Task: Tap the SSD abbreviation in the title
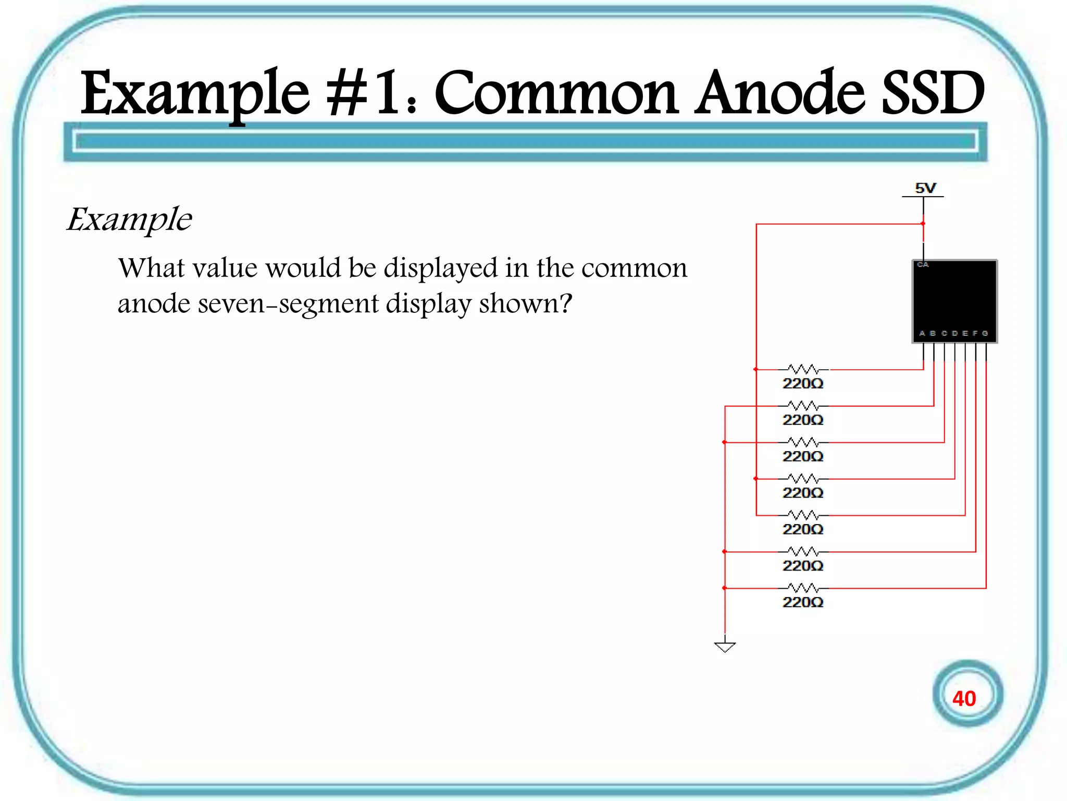pyautogui.click(x=932, y=94)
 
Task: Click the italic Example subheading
pyautogui.click(x=129, y=220)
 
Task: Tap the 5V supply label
pyautogui.click(x=925, y=188)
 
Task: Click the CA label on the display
pyautogui.click(x=923, y=265)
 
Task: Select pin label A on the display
pyautogui.click(x=922, y=333)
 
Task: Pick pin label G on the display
pyautogui.click(x=985, y=333)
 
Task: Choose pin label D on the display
pyautogui.click(x=954, y=333)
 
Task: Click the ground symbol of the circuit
pyautogui.click(x=725, y=646)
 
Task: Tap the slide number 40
pyautogui.click(x=964, y=698)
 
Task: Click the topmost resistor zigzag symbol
pyautogui.click(x=803, y=369)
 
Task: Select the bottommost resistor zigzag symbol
pyautogui.click(x=803, y=588)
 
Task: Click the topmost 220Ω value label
pyautogui.click(x=803, y=384)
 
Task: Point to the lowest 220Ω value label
pyautogui.click(x=803, y=602)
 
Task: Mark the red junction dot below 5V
pyautogui.click(x=923, y=224)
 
